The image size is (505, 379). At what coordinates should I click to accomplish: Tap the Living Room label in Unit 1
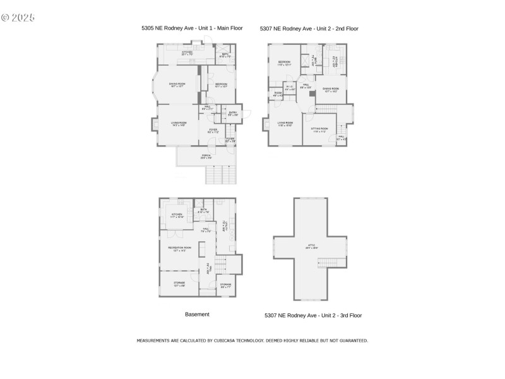tap(179, 124)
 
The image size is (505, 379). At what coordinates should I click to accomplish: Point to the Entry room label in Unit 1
tap(233, 114)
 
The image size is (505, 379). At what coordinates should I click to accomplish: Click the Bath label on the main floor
tap(225, 56)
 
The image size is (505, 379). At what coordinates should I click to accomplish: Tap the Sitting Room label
tap(319, 130)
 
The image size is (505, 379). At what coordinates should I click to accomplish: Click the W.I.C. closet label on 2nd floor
tap(290, 88)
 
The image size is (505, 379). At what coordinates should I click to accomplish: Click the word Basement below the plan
tap(197, 314)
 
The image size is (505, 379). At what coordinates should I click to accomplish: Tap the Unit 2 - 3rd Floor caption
tap(313, 315)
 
